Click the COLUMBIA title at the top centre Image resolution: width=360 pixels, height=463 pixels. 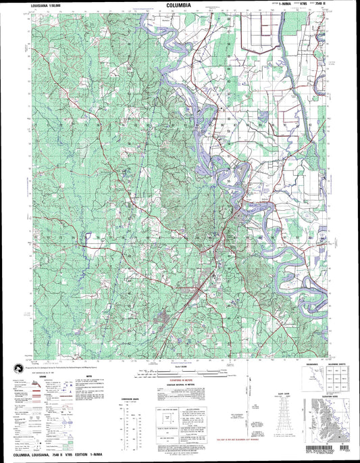180,4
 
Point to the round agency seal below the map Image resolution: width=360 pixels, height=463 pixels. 14,366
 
